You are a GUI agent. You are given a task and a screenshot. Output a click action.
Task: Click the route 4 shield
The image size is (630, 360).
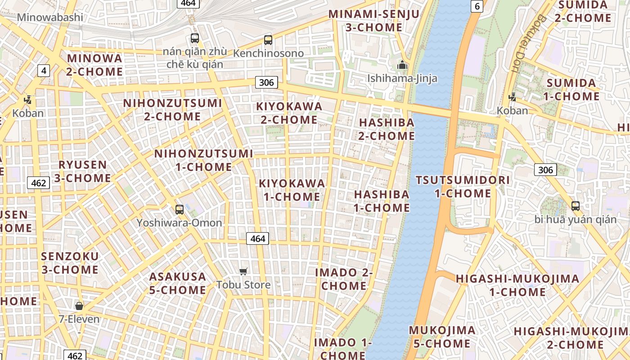[x=44, y=71]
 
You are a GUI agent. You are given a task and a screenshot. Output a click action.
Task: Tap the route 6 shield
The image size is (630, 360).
[x=477, y=6]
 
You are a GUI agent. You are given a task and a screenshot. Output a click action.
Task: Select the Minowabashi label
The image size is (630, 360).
[x=50, y=17]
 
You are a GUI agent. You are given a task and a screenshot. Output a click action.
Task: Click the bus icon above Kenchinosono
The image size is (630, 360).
[x=268, y=40]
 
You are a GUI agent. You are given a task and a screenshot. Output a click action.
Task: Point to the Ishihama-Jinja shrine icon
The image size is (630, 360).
[x=402, y=65]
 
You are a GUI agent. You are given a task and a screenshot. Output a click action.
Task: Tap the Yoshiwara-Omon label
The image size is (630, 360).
[x=179, y=223]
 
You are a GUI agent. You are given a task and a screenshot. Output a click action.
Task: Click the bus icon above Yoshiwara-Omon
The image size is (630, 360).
[x=180, y=209]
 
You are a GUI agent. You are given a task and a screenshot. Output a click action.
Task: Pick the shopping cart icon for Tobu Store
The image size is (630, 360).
[x=243, y=271]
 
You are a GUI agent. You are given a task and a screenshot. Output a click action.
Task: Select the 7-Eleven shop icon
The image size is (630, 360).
[x=79, y=306]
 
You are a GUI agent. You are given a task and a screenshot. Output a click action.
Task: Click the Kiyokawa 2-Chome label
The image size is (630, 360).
[x=289, y=113]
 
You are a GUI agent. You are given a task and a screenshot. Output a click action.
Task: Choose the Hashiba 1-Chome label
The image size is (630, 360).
[x=382, y=201]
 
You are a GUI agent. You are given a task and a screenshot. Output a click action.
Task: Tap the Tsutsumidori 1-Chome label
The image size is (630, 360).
[x=463, y=187]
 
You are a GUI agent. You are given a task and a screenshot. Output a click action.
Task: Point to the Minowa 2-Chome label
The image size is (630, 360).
[x=94, y=65]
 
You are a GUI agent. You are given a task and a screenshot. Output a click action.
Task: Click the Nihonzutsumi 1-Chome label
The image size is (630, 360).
[x=204, y=160]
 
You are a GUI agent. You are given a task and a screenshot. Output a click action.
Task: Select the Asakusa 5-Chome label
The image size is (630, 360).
[x=178, y=283]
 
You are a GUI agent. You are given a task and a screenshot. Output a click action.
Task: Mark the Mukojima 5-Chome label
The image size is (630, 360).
[x=441, y=337]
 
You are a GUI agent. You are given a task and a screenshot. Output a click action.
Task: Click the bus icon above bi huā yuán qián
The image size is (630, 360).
[x=576, y=206]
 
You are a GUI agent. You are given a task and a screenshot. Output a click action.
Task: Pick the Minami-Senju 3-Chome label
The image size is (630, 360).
[x=374, y=21]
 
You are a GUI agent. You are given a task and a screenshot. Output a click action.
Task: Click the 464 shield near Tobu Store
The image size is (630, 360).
[x=257, y=238]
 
